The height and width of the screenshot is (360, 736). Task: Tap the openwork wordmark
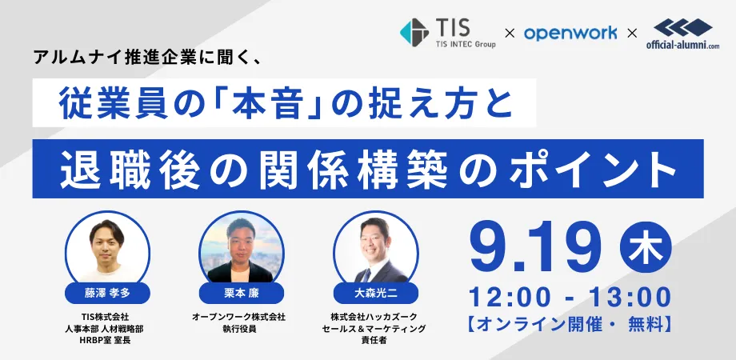click(570, 34)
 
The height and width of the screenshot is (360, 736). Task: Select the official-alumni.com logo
click(682, 34)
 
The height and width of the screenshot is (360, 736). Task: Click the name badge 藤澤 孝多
click(107, 294)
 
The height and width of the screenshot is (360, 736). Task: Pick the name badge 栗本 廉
click(242, 294)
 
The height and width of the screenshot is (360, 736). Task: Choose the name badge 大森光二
click(375, 294)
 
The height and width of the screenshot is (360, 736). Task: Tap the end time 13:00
click(630, 298)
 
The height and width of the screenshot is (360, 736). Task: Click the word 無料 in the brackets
click(645, 325)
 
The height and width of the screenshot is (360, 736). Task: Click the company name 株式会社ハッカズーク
click(373, 318)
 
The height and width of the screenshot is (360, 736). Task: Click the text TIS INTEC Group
click(464, 45)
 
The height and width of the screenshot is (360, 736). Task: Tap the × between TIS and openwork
click(510, 34)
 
